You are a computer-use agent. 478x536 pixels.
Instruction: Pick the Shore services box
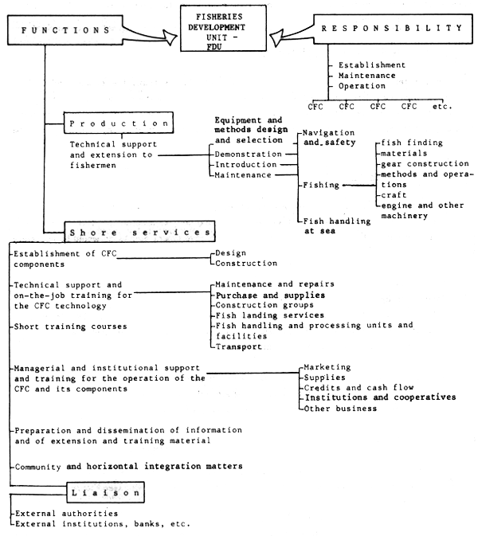pos(139,232)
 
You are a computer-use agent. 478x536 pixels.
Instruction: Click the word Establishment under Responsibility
pos(371,65)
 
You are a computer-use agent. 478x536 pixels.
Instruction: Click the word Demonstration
pos(249,154)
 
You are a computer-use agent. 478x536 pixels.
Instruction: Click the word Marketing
pos(327,367)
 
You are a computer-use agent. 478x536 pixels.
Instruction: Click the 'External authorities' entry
pos(64,514)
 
